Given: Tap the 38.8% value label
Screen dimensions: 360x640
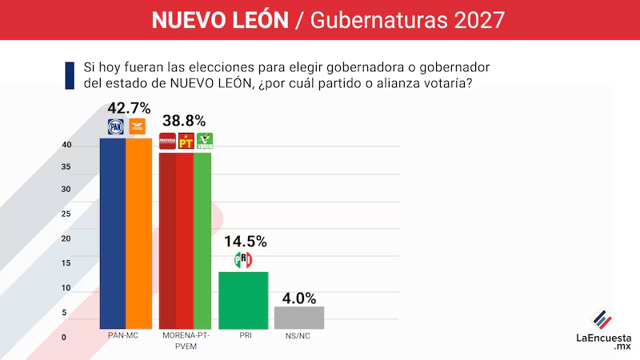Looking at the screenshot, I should click(185, 122).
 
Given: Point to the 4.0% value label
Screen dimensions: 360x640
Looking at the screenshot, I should click(298, 297).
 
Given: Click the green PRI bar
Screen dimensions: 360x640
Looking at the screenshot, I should click(243, 300).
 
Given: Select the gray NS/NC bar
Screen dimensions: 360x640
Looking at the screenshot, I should click(298, 318).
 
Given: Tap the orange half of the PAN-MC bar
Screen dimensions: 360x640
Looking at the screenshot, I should click(139, 232).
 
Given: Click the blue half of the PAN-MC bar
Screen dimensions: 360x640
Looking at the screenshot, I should click(113, 232).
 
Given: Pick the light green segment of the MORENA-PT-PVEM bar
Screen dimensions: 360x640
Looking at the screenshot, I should click(202, 240).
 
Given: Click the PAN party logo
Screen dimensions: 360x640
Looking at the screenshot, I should click(116, 126).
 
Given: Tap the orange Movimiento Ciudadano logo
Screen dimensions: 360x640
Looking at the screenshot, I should click(138, 126).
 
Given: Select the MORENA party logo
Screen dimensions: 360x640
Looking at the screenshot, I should click(167, 142).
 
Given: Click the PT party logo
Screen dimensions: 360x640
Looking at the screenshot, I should click(186, 142).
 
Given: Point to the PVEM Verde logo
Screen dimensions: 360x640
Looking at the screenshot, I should click(205, 142).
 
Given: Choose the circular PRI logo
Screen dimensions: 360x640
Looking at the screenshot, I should click(242, 260).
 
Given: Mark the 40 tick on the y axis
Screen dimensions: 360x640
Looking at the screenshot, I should click(67, 145).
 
